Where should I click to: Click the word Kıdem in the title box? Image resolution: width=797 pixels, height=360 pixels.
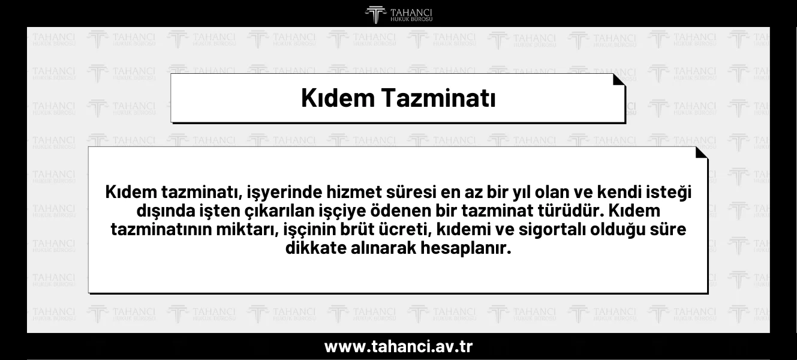338,98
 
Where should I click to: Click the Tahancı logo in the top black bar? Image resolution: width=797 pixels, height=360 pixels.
398,15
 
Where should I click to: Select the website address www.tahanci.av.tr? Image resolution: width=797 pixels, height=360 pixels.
398,346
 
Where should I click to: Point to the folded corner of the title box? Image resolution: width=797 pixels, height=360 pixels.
619,80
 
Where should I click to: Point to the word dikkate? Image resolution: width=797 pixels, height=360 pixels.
316,248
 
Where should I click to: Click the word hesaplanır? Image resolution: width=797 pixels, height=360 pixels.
466,248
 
